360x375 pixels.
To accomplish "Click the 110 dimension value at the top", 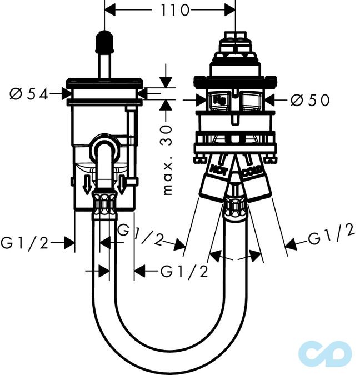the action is click(174, 10).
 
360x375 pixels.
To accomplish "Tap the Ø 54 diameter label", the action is click(29, 94).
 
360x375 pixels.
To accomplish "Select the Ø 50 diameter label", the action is click(310, 100).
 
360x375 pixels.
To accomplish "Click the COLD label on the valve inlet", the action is click(252, 171).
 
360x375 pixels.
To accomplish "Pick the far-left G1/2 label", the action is click(24, 243).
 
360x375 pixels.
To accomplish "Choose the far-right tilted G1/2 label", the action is click(331, 234).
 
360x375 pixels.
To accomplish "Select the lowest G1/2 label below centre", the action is click(184, 272).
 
